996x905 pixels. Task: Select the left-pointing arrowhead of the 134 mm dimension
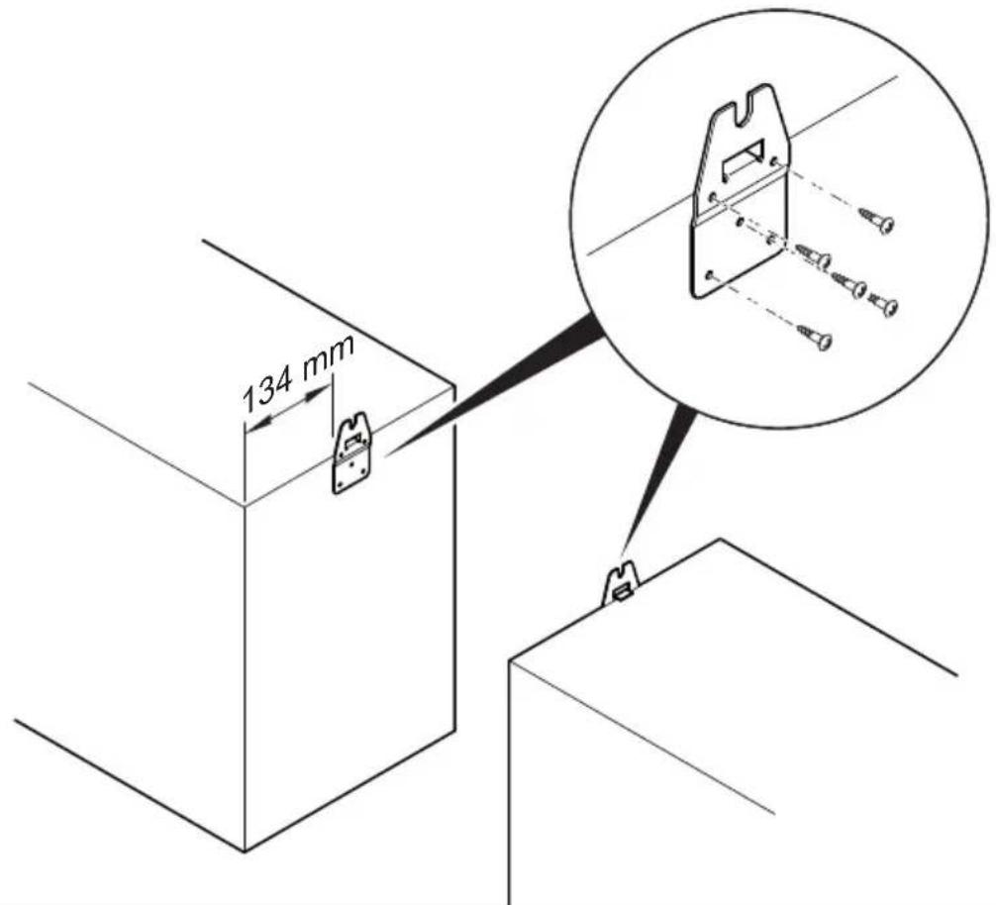(x=258, y=423)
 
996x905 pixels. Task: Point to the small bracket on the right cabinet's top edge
(x=621, y=585)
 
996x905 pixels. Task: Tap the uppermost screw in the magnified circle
(x=876, y=219)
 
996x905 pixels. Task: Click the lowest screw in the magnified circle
(x=815, y=337)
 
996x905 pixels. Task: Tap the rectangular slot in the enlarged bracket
(x=741, y=161)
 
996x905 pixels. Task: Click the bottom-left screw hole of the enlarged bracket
(x=709, y=275)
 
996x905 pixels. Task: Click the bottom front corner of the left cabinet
(x=245, y=851)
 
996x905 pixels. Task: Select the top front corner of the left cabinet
(x=245, y=506)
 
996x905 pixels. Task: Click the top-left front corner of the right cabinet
(x=510, y=660)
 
